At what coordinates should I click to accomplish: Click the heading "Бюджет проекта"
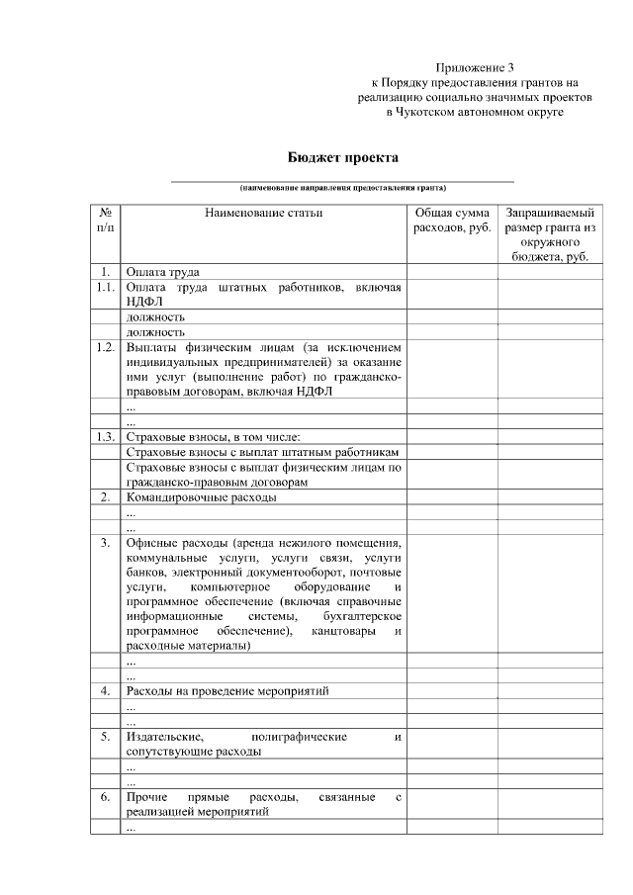pos(343,157)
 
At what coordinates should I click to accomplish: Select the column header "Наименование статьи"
pos(264,213)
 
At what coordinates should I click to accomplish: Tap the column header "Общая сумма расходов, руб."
pos(451,221)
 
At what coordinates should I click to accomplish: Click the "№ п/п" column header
pos(105,221)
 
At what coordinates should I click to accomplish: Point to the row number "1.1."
pos(105,287)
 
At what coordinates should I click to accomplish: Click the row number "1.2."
pos(105,348)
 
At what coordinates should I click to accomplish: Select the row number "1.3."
pos(105,436)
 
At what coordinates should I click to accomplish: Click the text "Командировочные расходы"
pos(201,496)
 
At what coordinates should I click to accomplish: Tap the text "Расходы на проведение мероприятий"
pos(227,690)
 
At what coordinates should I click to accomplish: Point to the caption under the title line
pos(342,187)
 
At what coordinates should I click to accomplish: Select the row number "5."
pos(105,737)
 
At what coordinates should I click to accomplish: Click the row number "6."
pos(105,796)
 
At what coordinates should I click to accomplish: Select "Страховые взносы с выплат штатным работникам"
pos(262,451)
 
